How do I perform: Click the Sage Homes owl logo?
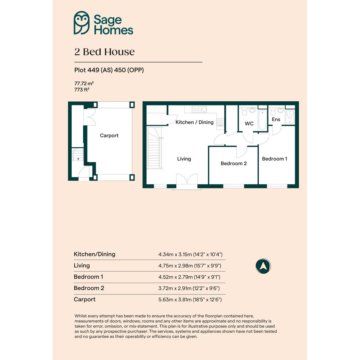click(x=82, y=23)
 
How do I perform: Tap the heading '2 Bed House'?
click(x=104, y=52)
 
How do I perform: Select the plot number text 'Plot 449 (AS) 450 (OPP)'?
click(x=109, y=70)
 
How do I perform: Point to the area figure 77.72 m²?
click(x=84, y=83)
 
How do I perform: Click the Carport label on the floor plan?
click(x=109, y=136)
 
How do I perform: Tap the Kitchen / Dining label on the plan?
click(x=194, y=122)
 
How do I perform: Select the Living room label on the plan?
click(x=184, y=159)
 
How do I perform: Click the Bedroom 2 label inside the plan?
click(x=234, y=163)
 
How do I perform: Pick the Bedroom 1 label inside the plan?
click(x=274, y=159)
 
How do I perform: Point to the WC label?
click(x=249, y=123)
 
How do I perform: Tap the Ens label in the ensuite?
click(x=276, y=119)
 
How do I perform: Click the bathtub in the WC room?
click(x=262, y=120)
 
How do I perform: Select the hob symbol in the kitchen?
click(x=221, y=122)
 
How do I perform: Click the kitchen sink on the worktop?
click(x=199, y=109)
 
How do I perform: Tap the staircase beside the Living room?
click(x=155, y=148)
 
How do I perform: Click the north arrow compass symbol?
click(x=263, y=266)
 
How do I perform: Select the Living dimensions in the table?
click(x=190, y=266)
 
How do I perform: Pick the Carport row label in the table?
click(x=85, y=299)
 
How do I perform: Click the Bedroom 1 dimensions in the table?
click(x=189, y=277)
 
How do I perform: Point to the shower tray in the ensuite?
click(x=290, y=117)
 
